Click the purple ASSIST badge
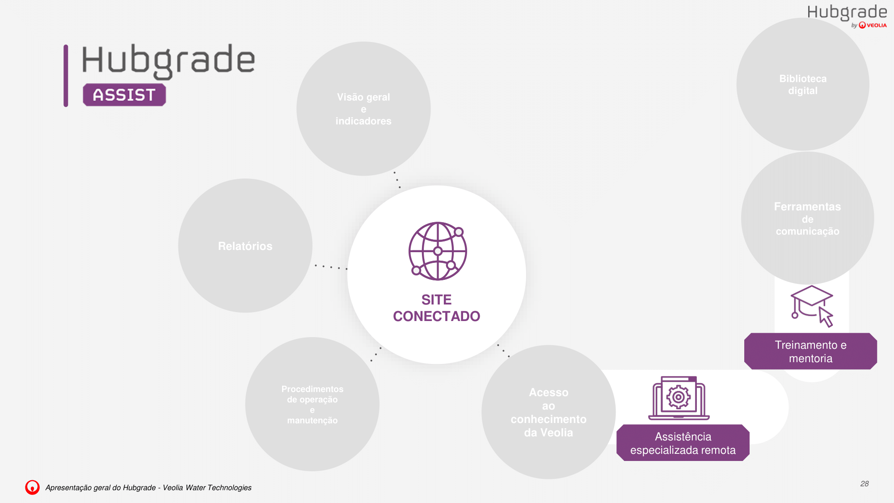point(124,95)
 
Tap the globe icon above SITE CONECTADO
point(438,251)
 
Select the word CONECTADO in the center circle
point(437,316)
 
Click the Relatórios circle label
point(245,246)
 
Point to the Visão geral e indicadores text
point(363,109)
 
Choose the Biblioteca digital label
point(803,85)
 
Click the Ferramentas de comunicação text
point(807,219)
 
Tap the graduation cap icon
point(812,306)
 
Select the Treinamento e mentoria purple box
point(810,351)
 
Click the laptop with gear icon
point(679,398)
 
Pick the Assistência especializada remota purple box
point(683,443)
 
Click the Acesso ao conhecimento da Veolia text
point(548,412)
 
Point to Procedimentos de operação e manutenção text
point(312,405)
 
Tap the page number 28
point(864,484)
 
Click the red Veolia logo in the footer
point(32,487)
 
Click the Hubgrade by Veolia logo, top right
point(847,16)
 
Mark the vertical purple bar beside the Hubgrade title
point(66,76)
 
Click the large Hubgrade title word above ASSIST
point(169,61)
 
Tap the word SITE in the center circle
point(437,300)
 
